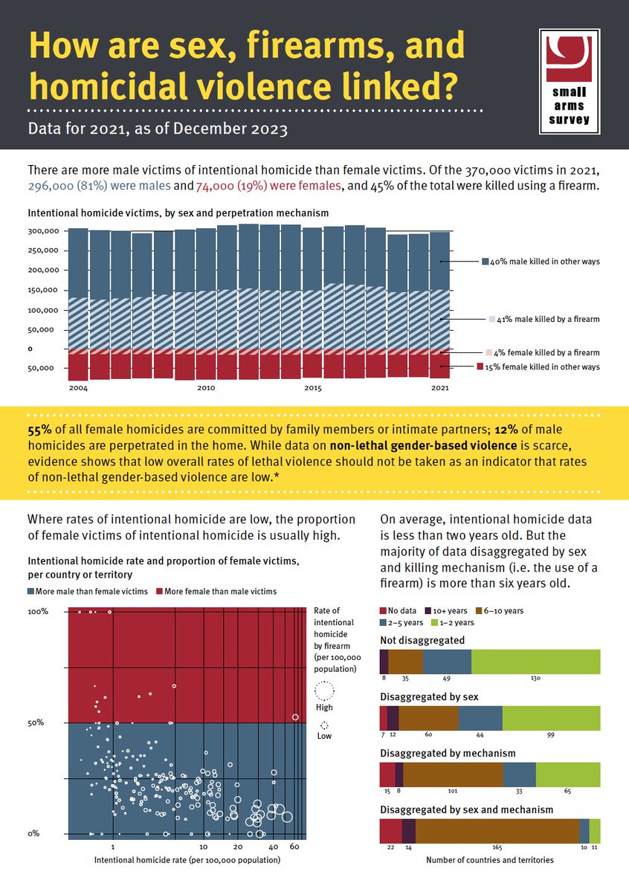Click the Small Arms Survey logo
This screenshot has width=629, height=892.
(570, 81)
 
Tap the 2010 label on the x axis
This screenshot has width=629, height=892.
(206, 387)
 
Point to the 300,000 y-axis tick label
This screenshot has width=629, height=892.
(42, 230)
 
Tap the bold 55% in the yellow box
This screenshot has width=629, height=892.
(39, 429)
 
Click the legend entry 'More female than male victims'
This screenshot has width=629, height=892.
(216, 592)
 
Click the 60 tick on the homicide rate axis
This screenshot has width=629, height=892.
(294, 847)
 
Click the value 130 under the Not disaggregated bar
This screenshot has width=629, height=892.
(536, 679)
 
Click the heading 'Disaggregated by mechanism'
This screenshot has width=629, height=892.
(448, 753)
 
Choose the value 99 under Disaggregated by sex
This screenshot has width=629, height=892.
(551, 735)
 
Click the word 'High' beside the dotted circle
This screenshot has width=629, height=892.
(325, 707)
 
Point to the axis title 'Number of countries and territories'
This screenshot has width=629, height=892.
(490, 860)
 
